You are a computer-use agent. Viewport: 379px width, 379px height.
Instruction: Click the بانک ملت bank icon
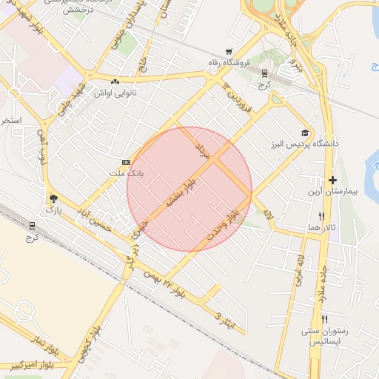click(126, 162)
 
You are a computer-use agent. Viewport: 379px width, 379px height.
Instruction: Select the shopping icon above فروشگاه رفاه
click(228, 51)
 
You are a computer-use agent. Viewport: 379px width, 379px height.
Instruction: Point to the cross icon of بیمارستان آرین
click(332, 180)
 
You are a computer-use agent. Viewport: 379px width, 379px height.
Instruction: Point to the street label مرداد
click(201, 148)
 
